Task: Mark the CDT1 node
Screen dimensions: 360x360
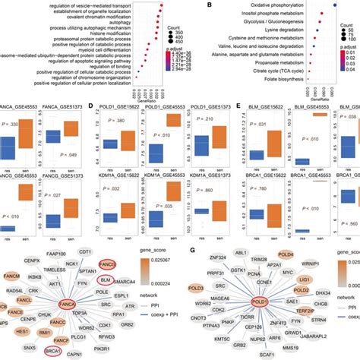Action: point(86,253)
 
